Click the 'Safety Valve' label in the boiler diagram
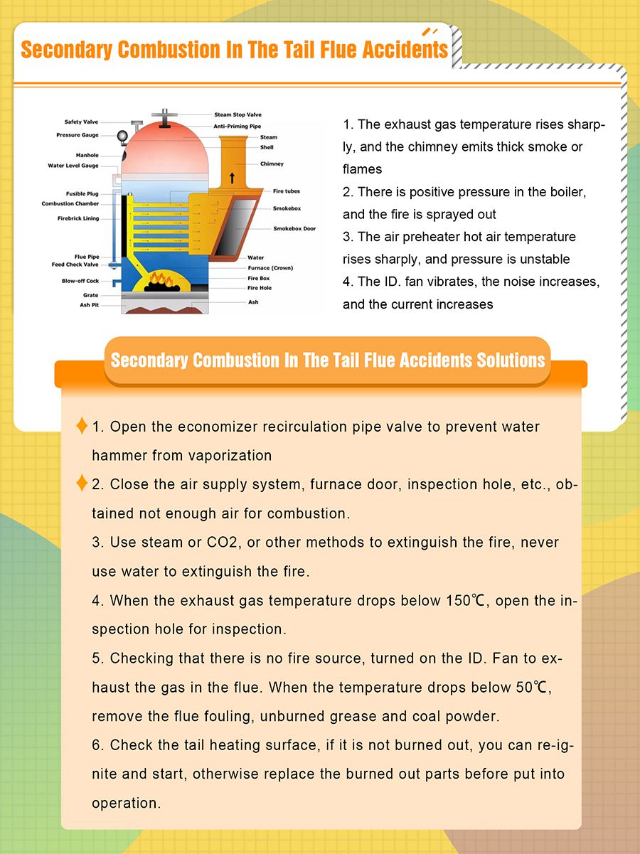tap(82, 122)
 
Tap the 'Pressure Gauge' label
tap(78, 135)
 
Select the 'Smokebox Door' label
tap(294, 229)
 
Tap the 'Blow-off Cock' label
tap(80, 281)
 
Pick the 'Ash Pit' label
tap(90, 305)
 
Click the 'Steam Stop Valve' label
tap(238, 114)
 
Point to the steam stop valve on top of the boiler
tap(165, 116)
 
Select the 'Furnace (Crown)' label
tap(270, 268)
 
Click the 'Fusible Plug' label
tap(82, 193)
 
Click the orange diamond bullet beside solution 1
tap(82, 426)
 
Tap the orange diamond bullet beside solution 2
tap(82, 484)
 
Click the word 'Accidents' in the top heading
tap(405, 50)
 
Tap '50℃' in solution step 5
tap(532, 688)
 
